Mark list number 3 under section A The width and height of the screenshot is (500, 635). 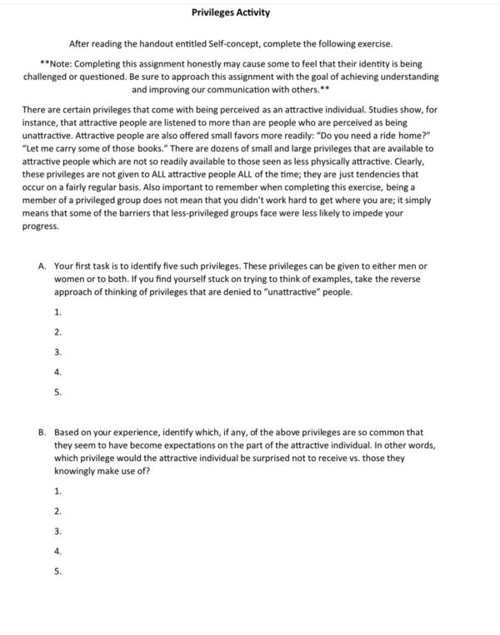click(x=57, y=352)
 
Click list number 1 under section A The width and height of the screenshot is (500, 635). click(x=57, y=311)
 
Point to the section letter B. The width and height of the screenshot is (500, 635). click(x=42, y=433)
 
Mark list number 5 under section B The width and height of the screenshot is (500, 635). click(x=57, y=571)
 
